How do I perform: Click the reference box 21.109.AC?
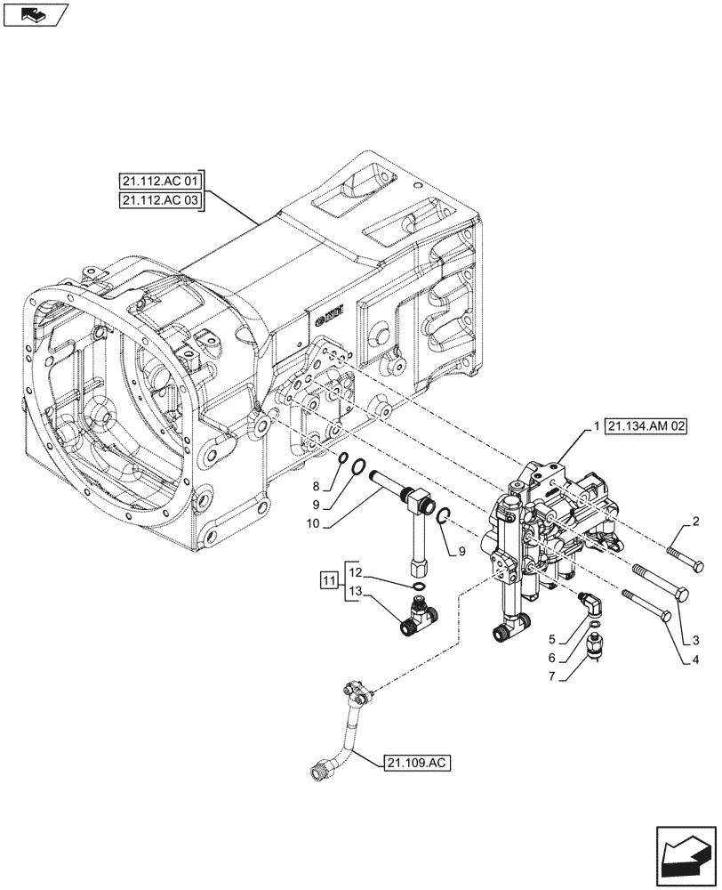418,763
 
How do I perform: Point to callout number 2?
695,522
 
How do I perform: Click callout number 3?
695,640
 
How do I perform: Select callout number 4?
695,660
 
